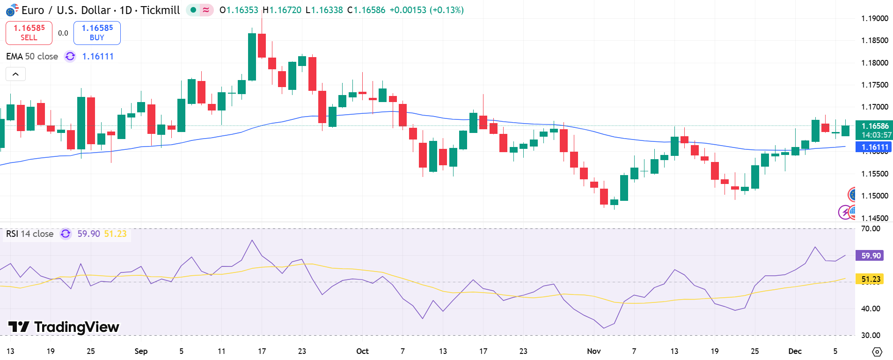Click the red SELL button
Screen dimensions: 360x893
(x=29, y=33)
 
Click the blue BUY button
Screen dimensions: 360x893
(x=97, y=33)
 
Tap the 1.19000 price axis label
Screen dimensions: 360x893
(x=874, y=18)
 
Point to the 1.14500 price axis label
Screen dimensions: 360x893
(x=874, y=218)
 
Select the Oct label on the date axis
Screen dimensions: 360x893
(x=362, y=351)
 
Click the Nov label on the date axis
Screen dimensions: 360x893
(x=593, y=351)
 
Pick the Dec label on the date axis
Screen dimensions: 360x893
(x=795, y=351)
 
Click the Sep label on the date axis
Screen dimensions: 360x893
(x=141, y=351)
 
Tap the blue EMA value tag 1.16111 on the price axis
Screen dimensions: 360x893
(x=873, y=147)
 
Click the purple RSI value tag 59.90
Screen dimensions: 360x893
(x=870, y=256)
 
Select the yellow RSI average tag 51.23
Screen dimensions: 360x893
(x=870, y=279)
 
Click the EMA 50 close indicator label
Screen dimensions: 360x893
(x=32, y=56)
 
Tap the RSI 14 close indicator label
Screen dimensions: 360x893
(x=29, y=234)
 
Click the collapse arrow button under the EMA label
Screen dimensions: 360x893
(x=15, y=74)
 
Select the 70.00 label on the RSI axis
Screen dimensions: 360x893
(x=871, y=228)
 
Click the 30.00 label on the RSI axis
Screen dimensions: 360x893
(x=871, y=335)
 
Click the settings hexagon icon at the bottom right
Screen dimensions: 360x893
(x=877, y=352)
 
